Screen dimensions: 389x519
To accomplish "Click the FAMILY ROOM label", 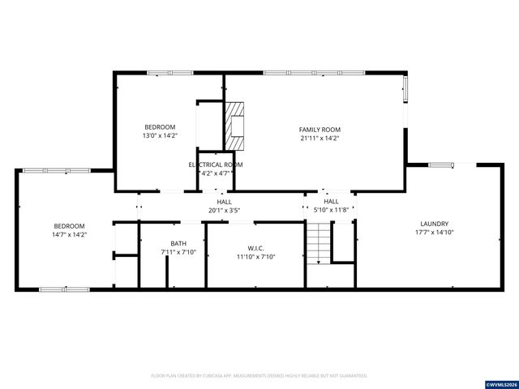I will click(320, 129).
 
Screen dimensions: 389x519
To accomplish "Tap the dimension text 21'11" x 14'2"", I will click(320, 139).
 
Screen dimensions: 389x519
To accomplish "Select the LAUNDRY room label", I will click(435, 224).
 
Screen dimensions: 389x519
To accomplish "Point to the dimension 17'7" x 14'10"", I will click(435, 233).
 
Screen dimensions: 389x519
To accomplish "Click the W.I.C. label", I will click(255, 248).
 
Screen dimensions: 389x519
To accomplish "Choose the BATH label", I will click(178, 244).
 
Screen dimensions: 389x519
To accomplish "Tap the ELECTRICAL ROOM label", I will click(216, 165).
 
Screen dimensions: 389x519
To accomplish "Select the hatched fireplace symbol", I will click(235, 126).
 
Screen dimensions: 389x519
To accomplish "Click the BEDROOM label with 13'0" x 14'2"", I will click(160, 126).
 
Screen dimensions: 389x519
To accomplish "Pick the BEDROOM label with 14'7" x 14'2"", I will click(69, 225).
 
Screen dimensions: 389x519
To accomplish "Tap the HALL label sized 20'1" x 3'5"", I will click(224, 202).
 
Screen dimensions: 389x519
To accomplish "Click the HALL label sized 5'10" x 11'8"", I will click(332, 202).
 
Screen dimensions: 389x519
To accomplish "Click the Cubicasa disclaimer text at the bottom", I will click(259, 376).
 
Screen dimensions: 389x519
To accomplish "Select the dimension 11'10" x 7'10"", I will click(255, 257).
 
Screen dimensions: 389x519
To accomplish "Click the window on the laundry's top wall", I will click(441, 165).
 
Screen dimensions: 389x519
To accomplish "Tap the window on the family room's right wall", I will click(405, 92).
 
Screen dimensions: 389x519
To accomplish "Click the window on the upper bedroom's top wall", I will click(169, 73).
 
